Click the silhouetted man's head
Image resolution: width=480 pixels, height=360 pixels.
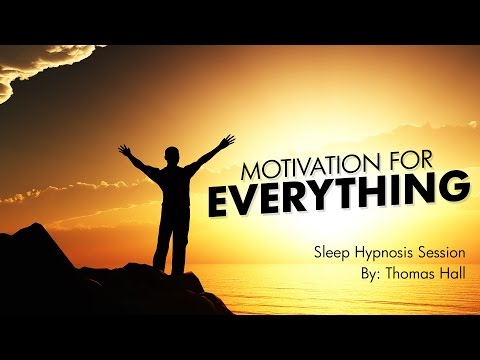[x=176, y=157]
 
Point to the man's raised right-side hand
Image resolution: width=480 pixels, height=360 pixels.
[x=229, y=140]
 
